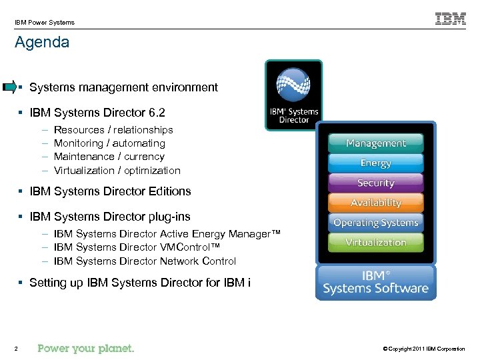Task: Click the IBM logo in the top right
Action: coord(451,19)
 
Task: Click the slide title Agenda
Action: coord(42,43)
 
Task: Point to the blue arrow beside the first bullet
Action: coord(9,87)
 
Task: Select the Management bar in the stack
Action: coord(375,143)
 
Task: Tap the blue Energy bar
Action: coord(375,163)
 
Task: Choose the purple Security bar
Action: coord(375,183)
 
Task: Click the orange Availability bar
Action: coord(375,203)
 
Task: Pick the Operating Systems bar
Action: coord(375,223)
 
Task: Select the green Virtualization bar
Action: coord(375,243)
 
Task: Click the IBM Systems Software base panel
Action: coord(375,283)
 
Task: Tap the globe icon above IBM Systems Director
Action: coord(293,84)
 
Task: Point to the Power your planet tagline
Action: coord(86,348)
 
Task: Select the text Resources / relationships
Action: coord(113,130)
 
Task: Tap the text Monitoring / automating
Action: coord(109,143)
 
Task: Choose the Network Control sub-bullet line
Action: coord(145,261)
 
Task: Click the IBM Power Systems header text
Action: coord(45,22)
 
